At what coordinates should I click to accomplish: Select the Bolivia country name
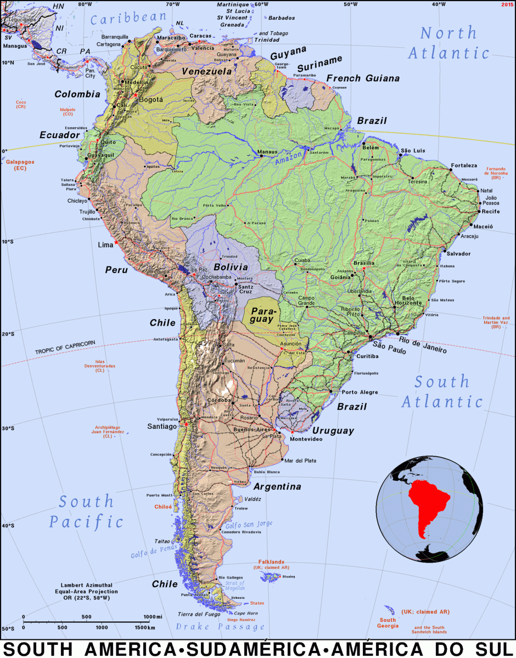click(231, 267)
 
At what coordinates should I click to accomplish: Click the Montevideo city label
click(306, 440)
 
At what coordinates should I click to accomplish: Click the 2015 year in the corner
click(507, 4)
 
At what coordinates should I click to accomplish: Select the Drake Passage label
click(220, 627)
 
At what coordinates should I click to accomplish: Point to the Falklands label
click(272, 562)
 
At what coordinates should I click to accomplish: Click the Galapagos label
click(20, 162)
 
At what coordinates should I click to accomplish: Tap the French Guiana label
click(363, 78)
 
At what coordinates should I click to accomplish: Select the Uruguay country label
click(334, 431)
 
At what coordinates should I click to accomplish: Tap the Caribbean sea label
click(128, 19)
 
